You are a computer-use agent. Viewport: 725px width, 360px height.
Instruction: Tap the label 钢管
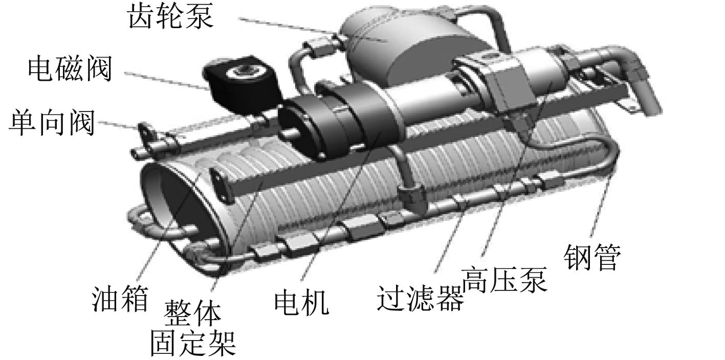[x=591, y=256]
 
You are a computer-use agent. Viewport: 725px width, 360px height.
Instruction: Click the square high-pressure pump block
[x=507, y=84]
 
